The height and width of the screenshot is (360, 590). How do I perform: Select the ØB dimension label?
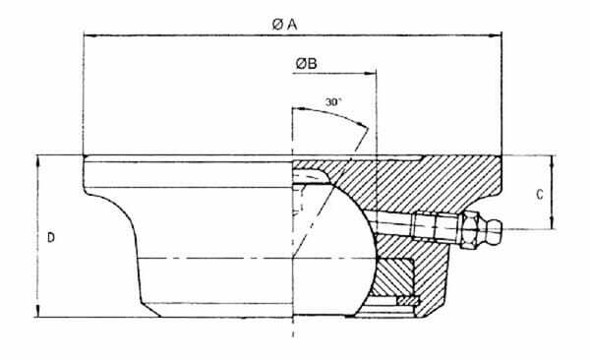coord(306,65)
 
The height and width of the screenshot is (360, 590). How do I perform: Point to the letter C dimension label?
coord(540,194)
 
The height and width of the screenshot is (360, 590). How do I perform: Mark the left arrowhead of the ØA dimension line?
coord(88,36)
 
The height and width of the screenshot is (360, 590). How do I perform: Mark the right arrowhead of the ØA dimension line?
coord(498,36)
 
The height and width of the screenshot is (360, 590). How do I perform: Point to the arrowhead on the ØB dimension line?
coord(371,73)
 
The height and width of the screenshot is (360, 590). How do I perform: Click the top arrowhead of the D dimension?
coord(36,158)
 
